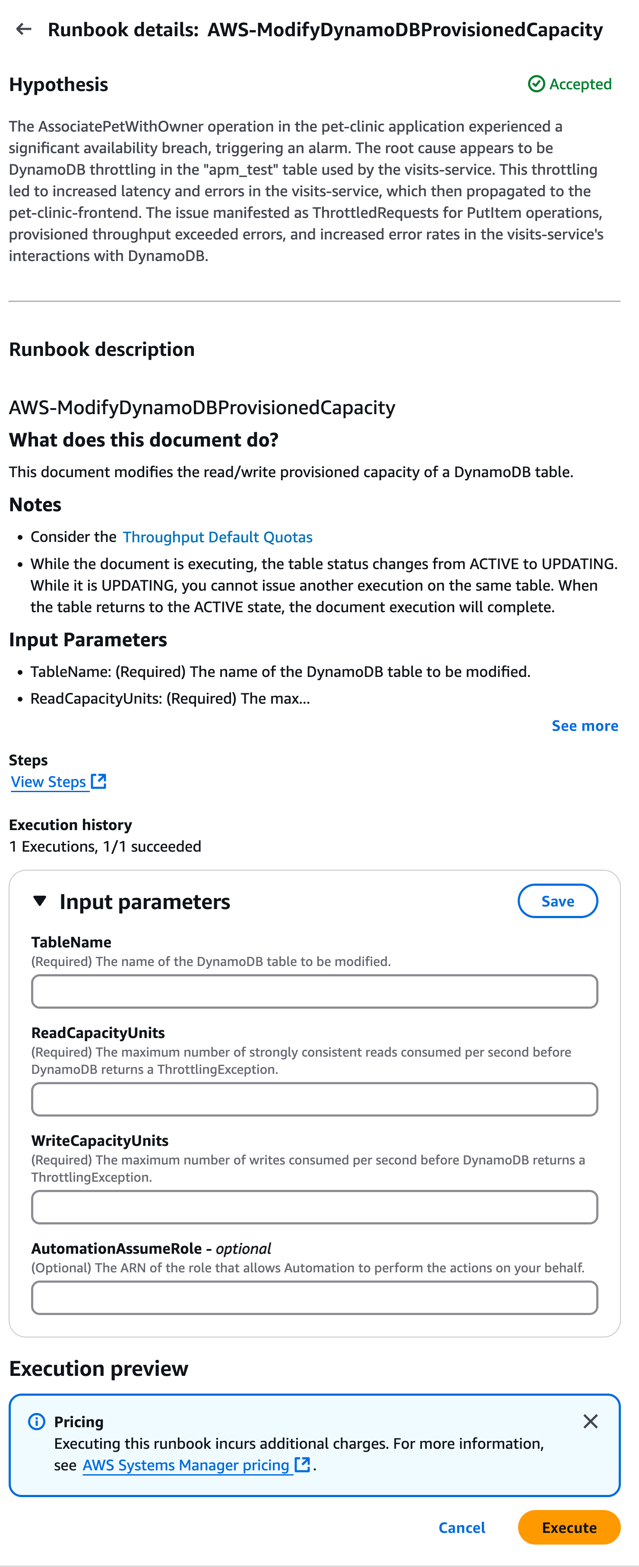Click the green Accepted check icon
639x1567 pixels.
pos(535,84)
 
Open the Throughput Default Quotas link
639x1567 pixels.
pos(217,537)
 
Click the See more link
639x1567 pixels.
pos(584,726)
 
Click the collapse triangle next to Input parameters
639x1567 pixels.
pos(40,901)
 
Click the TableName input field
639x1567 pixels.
pos(314,991)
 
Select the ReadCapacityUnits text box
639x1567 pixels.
pos(314,1099)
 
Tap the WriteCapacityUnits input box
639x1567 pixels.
pos(314,1207)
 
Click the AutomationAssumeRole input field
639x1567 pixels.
pos(314,1297)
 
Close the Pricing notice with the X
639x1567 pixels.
pos(590,1422)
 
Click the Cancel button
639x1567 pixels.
pos(461,1527)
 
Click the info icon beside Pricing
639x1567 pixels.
pos(37,1422)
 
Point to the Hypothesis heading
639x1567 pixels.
pos(58,85)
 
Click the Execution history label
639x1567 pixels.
pos(71,825)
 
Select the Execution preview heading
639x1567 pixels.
pos(98,1369)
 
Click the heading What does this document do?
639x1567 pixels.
pos(144,440)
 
